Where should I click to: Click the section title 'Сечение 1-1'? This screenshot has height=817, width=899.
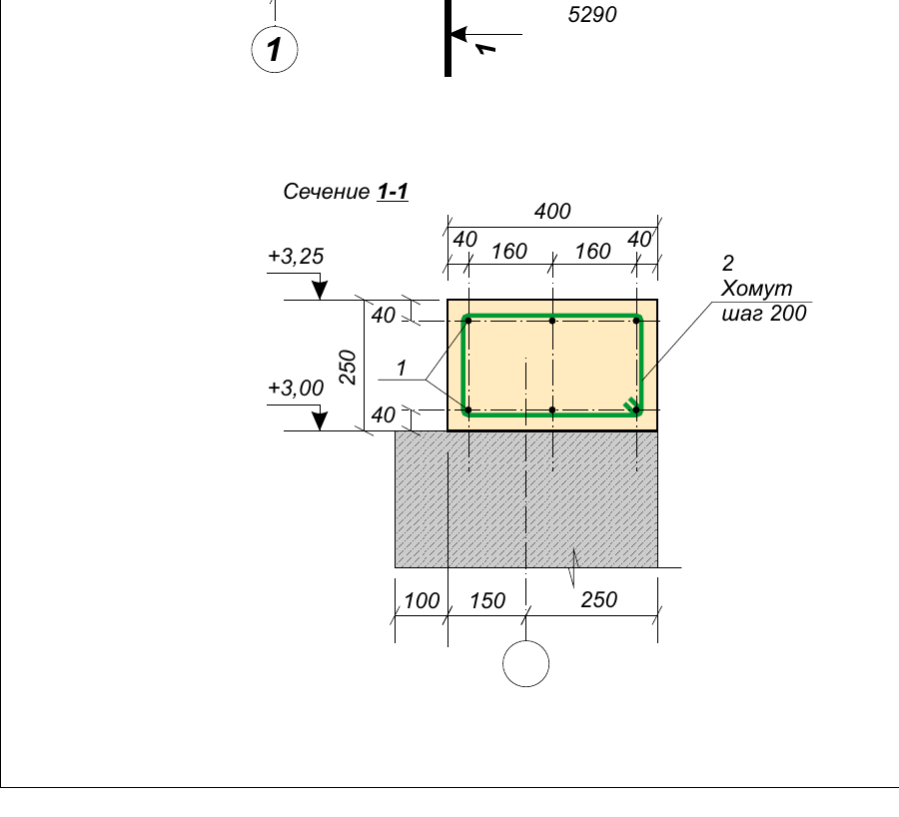[x=346, y=192]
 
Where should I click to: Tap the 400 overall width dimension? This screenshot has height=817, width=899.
[x=552, y=211]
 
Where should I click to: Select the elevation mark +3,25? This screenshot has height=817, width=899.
[x=296, y=256]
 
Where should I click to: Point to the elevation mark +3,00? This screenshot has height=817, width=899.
[x=296, y=389]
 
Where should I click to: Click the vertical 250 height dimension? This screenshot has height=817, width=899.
[x=348, y=367]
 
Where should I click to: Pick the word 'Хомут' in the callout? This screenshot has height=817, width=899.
[x=756, y=289]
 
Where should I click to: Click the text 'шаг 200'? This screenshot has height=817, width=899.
[x=764, y=314]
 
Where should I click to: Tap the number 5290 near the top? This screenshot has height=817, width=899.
[x=592, y=15]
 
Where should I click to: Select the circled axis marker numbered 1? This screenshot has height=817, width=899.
[x=275, y=49]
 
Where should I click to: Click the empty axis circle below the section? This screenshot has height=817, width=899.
[x=525, y=663]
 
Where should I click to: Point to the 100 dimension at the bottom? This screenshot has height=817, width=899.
[x=422, y=601]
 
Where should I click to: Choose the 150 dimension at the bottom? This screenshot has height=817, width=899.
[x=487, y=601]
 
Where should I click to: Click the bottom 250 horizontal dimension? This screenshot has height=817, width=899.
[x=599, y=599]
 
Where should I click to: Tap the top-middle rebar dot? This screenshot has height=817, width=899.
[x=552, y=321]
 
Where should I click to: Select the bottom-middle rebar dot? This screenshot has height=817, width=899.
[x=552, y=409]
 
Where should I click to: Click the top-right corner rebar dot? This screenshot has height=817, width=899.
[x=636, y=321]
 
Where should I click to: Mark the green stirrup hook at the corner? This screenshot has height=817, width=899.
[x=630, y=405]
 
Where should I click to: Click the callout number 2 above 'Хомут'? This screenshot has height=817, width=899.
[x=727, y=263]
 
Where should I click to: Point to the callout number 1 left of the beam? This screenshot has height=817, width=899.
[x=402, y=368]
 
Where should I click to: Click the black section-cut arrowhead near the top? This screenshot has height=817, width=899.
[x=458, y=34]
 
